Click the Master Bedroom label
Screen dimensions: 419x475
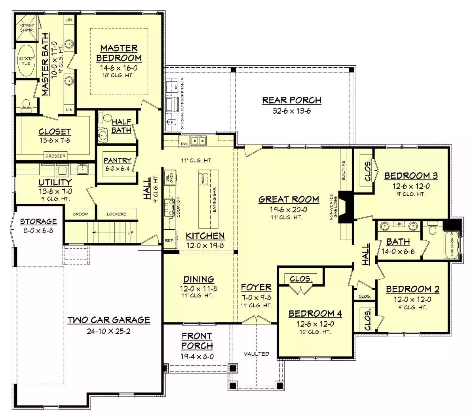pyautogui.click(x=119, y=53)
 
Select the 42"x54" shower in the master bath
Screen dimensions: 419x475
pyautogui.click(x=27, y=27)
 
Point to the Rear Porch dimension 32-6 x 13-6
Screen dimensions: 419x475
pyautogui.click(x=292, y=111)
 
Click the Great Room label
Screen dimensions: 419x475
pyautogui.click(x=289, y=199)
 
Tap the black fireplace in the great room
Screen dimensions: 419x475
pyautogui.click(x=344, y=208)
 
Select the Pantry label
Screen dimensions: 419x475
pyautogui.click(x=117, y=160)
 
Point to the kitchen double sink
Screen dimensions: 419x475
pyautogui.click(x=198, y=140)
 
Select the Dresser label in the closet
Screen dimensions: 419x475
pyautogui.click(x=55, y=156)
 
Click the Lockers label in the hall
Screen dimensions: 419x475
pyautogui.click(x=116, y=214)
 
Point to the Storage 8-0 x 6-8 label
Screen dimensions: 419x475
pyautogui.click(x=38, y=225)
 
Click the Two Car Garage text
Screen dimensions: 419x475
pyautogui.click(x=108, y=320)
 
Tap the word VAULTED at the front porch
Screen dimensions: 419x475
pyautogui.click(x=256, y=354)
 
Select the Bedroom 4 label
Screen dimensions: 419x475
pyautogui.click(x=315, y=314)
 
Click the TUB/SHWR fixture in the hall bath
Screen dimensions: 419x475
pyautogui.click(x=452, y=245)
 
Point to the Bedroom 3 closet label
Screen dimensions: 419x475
pyautogui.click(x=368, y=171)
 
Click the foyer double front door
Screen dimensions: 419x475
pyautogui.click(x=256, y=320)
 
